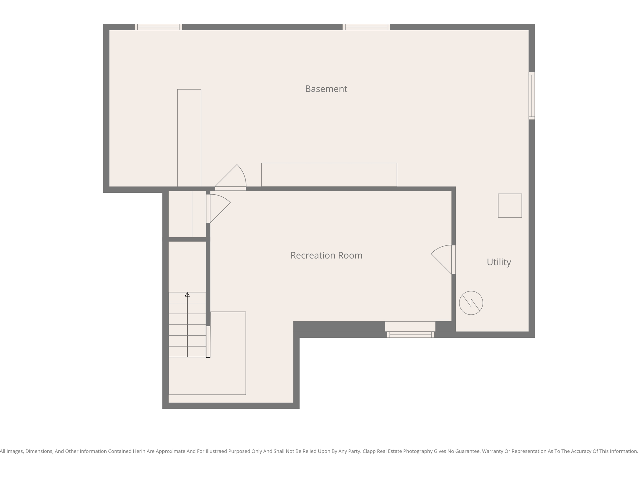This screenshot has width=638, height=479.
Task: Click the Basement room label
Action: tap(326, 89)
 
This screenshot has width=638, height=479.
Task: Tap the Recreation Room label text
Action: tap(326, 255)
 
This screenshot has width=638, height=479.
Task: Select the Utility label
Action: tap(498, 262)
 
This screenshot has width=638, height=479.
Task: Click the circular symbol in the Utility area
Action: tap(471, 303)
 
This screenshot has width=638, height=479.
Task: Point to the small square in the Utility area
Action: tap(510, 206)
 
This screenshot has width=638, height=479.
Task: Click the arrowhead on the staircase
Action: tap(187, 294)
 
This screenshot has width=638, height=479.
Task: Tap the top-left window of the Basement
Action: tap(158, 27)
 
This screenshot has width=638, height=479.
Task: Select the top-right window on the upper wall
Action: tap(366, 27)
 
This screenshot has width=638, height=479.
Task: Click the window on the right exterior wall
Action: tap(531, 96)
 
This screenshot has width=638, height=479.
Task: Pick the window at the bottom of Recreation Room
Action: tap(410, 335)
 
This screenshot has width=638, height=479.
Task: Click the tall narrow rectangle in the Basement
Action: tap(189, 138)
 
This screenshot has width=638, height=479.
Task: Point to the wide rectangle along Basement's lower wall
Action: tap(329, 175)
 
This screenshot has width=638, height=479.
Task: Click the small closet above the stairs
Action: tap(187, 214)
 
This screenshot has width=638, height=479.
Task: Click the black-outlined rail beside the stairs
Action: tap(208, 341)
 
